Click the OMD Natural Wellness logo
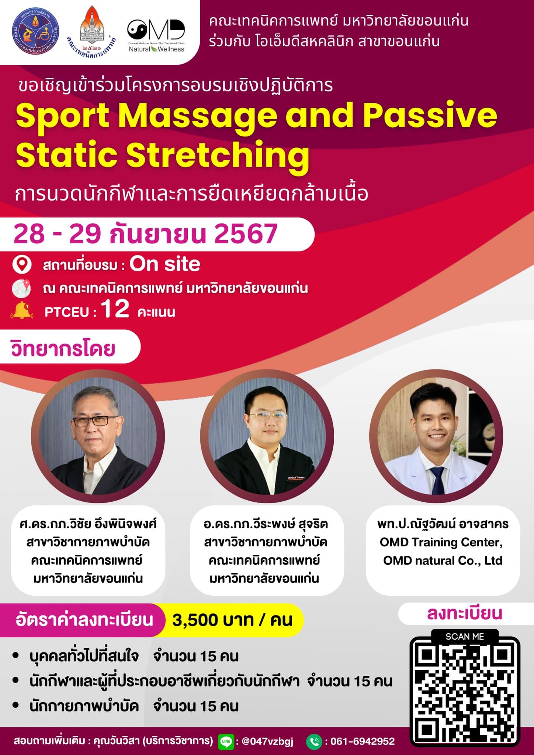156,35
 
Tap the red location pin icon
22,265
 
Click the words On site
165,264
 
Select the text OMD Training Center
441,542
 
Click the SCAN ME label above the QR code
465,636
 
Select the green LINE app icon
226,741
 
